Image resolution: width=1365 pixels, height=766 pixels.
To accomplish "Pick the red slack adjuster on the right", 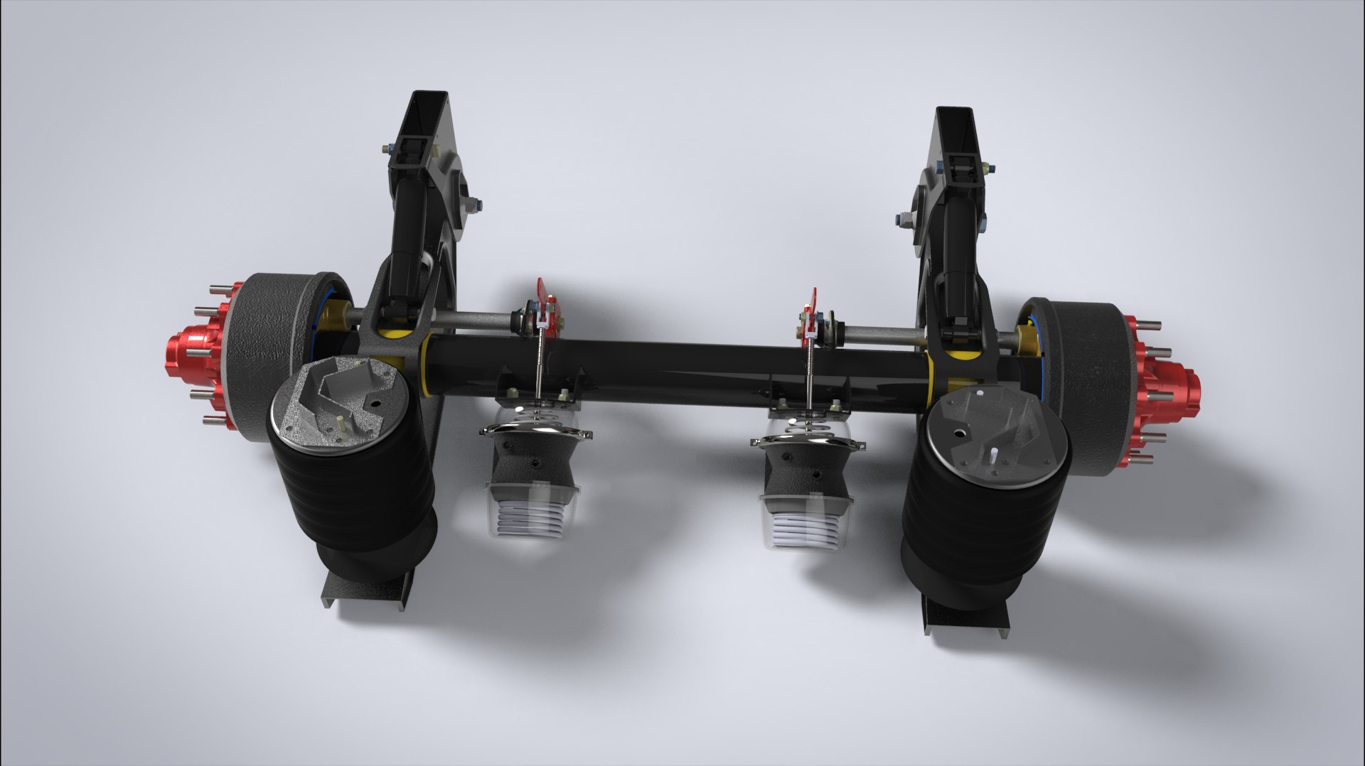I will [810, 316].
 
